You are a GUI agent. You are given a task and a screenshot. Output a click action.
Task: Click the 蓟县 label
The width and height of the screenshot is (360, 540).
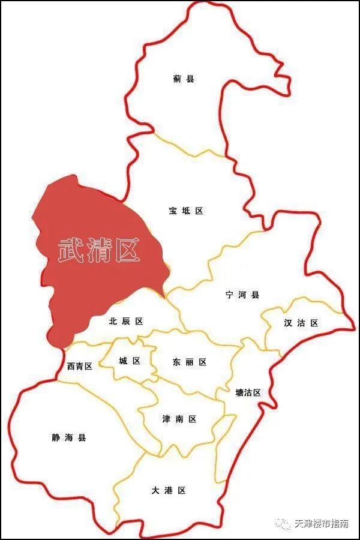[x=184, y=79]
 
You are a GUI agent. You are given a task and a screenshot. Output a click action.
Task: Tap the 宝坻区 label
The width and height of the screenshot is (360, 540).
[x=186, y=211]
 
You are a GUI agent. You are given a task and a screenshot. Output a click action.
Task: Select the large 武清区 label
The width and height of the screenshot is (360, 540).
[x=99, y=250]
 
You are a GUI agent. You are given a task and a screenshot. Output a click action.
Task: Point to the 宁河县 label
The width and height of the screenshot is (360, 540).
[x=242, y=295]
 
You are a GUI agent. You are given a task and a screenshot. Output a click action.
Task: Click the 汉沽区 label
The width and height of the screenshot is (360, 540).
[x=301, y=323]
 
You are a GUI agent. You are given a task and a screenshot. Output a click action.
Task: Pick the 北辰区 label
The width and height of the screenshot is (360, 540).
[x=126, y=322]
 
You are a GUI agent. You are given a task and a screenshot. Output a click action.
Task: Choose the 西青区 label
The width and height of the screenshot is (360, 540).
[x=80, y=366]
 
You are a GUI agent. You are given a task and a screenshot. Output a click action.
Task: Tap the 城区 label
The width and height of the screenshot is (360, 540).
[x=130, y=361]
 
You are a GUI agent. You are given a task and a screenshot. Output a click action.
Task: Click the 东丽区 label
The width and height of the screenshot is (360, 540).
[x=190, y=362]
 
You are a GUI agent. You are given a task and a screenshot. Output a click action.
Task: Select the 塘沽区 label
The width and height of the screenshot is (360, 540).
[x=248, y=393]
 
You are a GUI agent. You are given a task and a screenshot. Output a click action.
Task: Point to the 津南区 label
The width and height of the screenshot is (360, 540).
[x=179, y=419]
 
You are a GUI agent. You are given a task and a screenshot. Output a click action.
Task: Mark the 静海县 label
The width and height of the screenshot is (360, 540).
[x=69, y=438]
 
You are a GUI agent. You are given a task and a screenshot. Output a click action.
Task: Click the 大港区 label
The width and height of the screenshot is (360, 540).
[x=169, y=491]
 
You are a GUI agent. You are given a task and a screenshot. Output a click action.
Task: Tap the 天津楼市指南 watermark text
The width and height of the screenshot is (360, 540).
[x=321, y=524]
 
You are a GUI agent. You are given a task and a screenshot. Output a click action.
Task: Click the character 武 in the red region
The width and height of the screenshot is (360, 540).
[x=71, y=250]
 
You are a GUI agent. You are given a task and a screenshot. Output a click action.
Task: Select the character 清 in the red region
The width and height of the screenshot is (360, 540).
[x=100, y=250]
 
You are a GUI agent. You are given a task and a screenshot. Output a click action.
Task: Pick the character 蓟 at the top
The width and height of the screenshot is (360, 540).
[x=177, y=79]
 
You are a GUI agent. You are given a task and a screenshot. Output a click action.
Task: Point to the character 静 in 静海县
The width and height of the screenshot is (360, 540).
[x=56, y=438]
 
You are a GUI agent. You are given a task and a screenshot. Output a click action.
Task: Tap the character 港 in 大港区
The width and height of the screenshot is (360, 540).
[x=169, y=491]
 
